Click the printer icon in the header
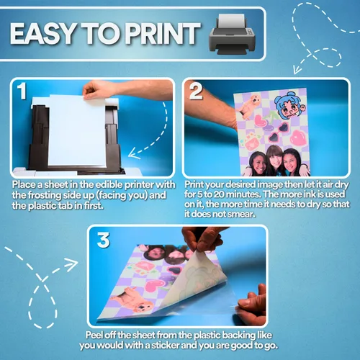click(233, 34)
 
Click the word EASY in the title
click(42, 34)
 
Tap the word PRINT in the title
click(163, 34)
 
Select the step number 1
click(22, 91)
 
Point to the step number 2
click(196, 91)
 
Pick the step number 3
click(104, 240)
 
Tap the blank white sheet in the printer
click(77, 131)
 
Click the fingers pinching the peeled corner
click(202, 240)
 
